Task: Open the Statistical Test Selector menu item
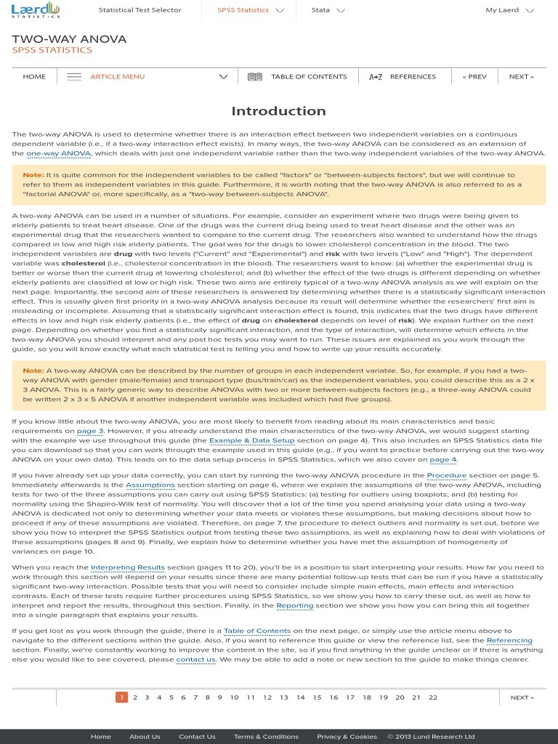click(139, 10)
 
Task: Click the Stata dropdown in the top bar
click(328, 10)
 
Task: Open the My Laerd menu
click(509, 10)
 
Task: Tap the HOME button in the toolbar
click(34, 76)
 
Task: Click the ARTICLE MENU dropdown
click(145, 76)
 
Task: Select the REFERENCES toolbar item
click(403, 76)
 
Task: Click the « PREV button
click(474, 76)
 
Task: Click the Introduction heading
click(278, 111)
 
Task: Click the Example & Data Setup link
click(252, 440)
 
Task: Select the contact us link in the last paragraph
click(196, 660)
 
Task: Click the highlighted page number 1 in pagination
click(121, 697)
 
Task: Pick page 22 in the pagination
click(433, 697)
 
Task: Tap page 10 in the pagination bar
click(234, 697)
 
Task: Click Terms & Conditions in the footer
click(266, 737)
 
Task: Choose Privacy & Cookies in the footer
click(347, 737)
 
